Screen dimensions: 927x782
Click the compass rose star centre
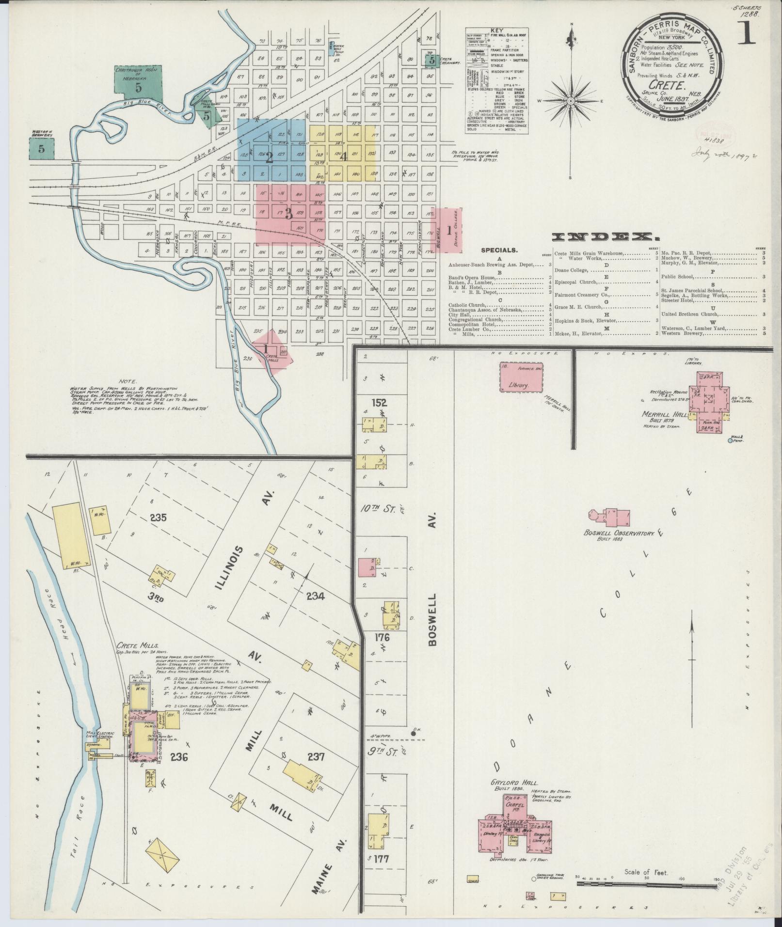(x=571, y=100)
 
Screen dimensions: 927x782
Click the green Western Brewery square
(x=41, y=149)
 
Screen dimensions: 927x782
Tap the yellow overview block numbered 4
(x=344, y=156)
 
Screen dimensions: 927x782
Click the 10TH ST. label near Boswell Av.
(x=380, y=509)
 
